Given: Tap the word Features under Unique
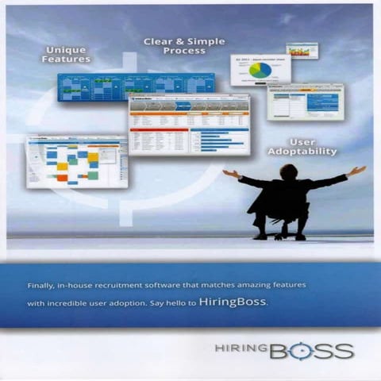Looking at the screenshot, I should tap(67, 60).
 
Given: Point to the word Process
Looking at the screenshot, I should tap(184, 51).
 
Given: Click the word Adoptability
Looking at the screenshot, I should tap(302, 151).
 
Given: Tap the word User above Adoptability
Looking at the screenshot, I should tap(302, 140).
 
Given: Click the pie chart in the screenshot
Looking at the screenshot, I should tap(260, 71).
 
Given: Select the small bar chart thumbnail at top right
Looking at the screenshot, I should tap(302, 51).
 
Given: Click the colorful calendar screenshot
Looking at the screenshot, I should tap(76, 160).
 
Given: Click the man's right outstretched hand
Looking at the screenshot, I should tap(228, 172).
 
